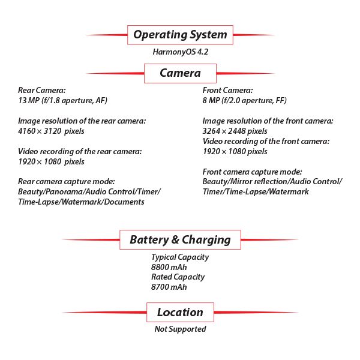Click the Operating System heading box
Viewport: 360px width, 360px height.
(x=180, y=35)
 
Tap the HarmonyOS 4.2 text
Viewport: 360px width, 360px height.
(x=180, y=52)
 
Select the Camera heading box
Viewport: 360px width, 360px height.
(x=180, y=73)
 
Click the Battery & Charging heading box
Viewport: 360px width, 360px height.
(x=180, y=239)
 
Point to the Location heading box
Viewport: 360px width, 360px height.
(x=180, y=312)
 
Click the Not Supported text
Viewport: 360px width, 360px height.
(x=180, y=329)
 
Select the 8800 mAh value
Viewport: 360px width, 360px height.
(x=169, y=267)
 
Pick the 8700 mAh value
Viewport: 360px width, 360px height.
(x=169, y=287)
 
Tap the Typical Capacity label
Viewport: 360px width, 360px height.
(x=180, y=257)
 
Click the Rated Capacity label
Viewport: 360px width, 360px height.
(x=178, y=277)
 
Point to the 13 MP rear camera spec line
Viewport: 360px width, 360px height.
(x=63, y=100)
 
